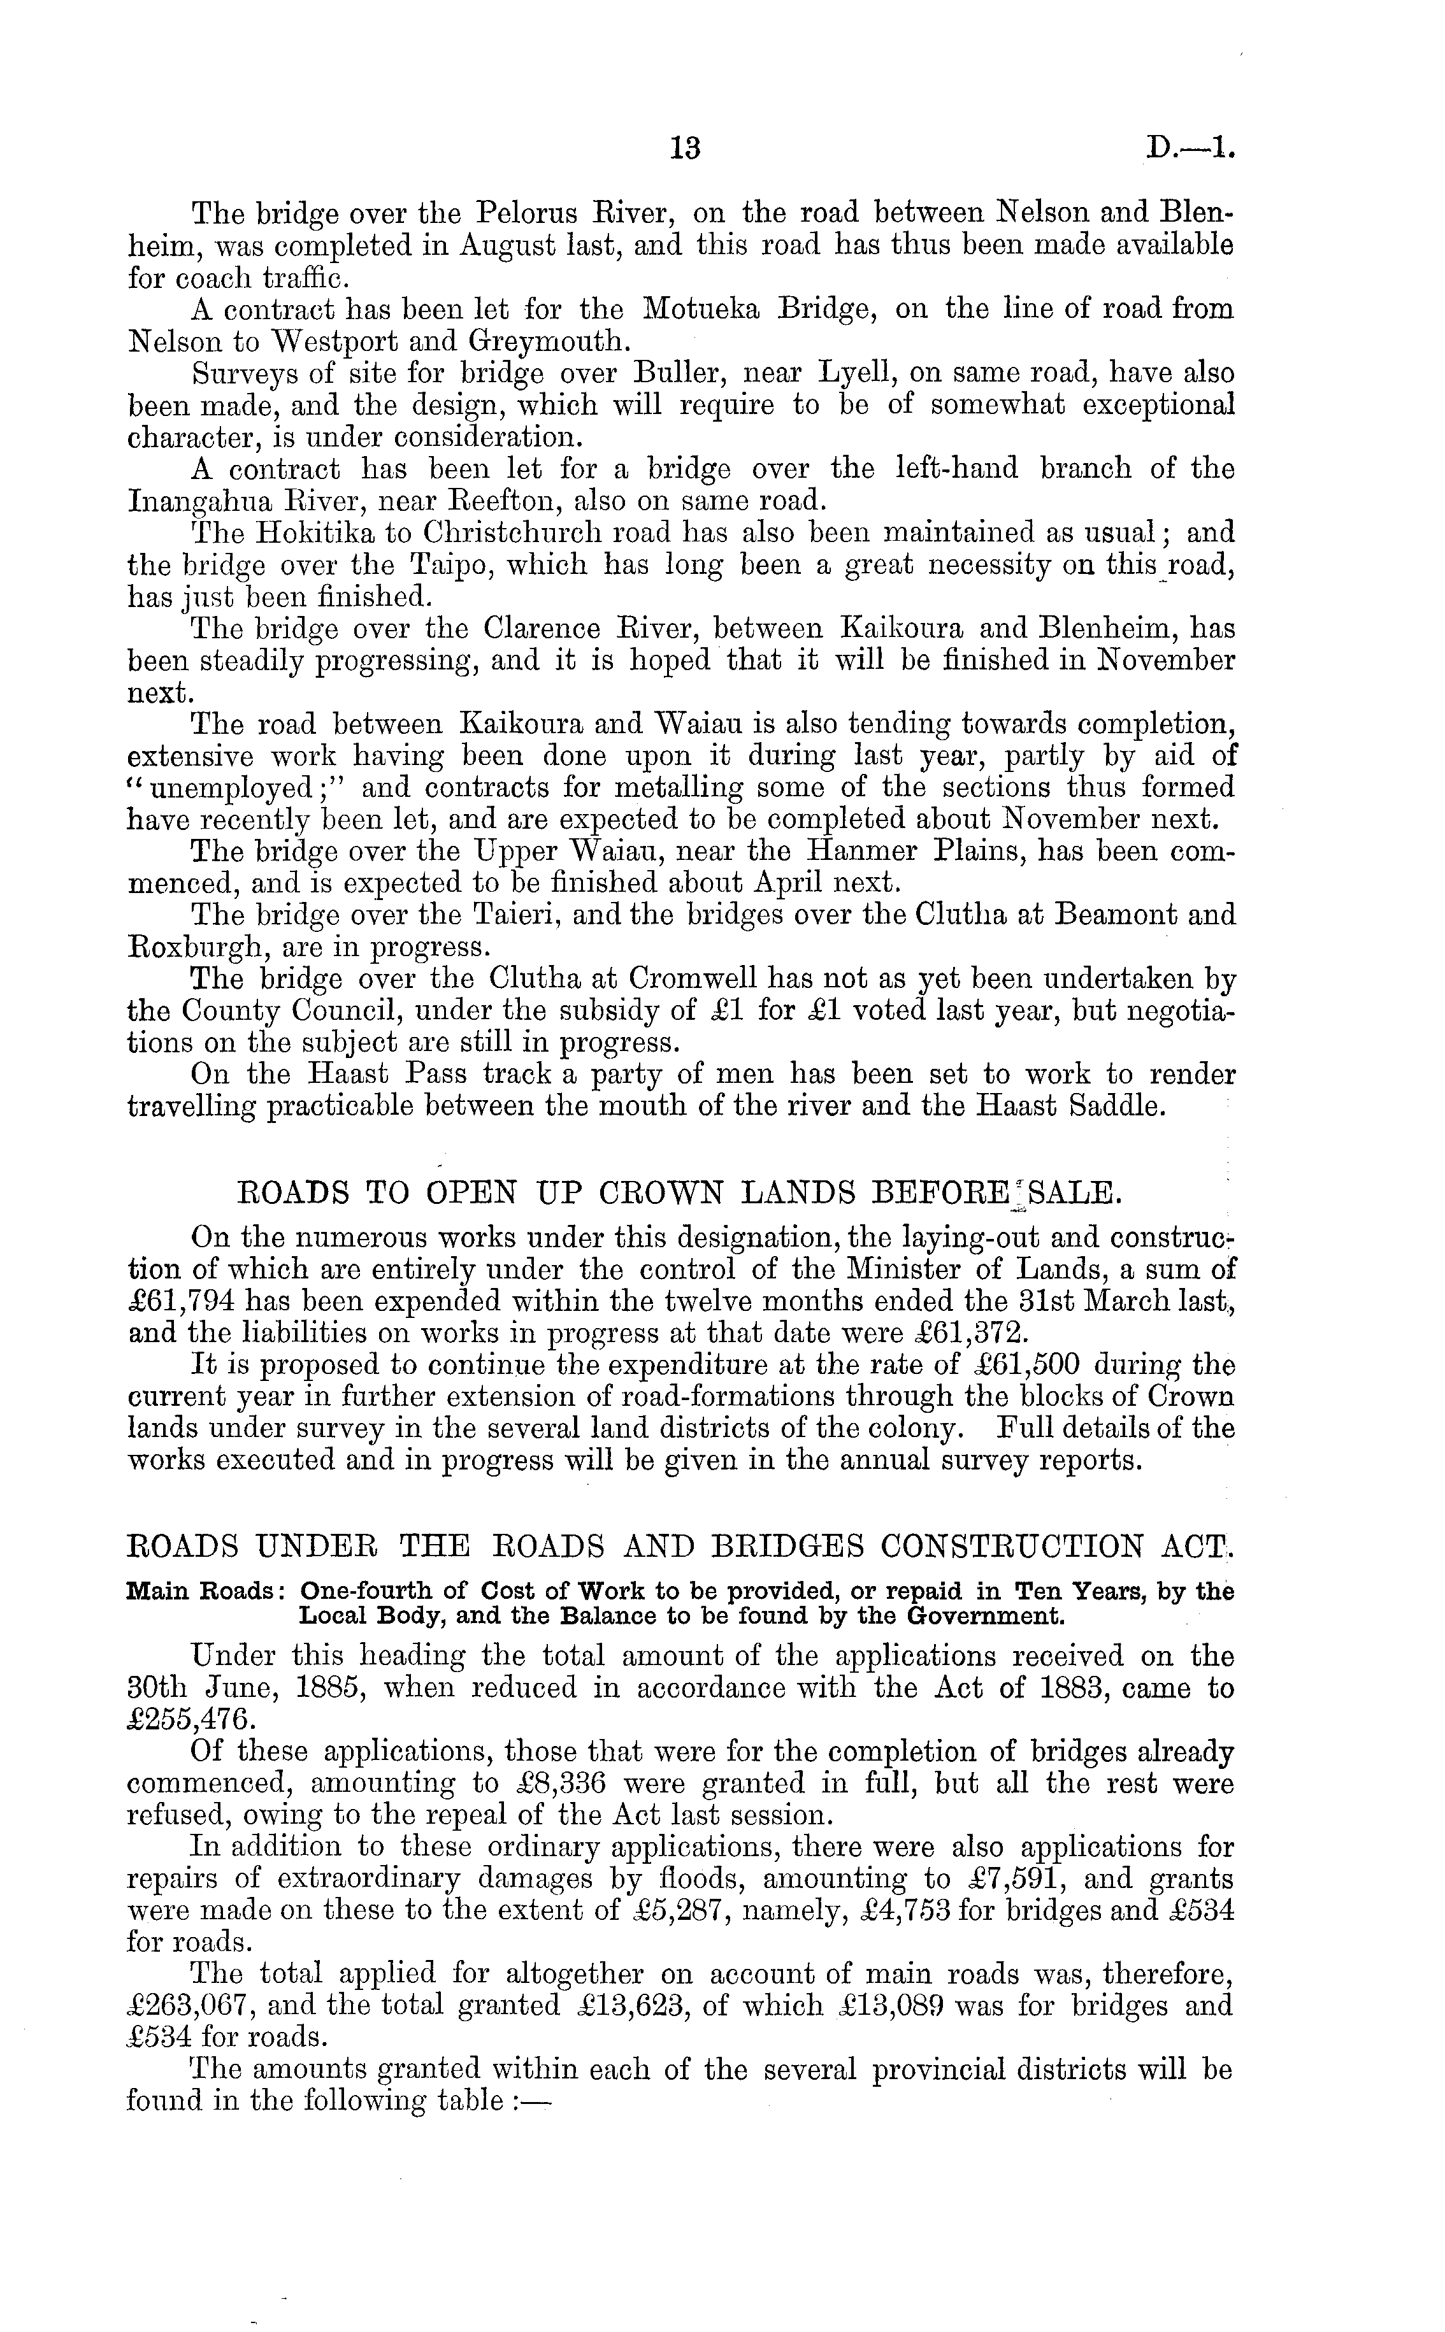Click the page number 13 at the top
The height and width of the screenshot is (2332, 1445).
coord(686,148)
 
